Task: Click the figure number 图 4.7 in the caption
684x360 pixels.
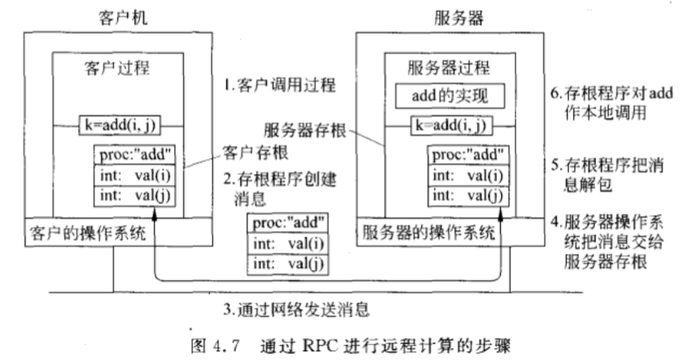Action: [200, 343]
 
